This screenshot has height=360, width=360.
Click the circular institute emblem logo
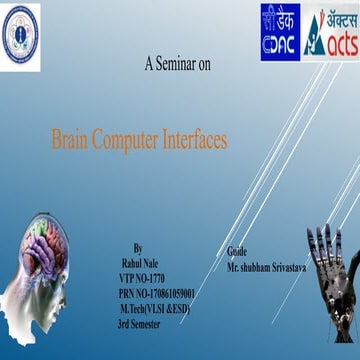click(21, 24)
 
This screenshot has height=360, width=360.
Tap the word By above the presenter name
click(138, 246)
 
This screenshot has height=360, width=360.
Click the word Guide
click(237, 251)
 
